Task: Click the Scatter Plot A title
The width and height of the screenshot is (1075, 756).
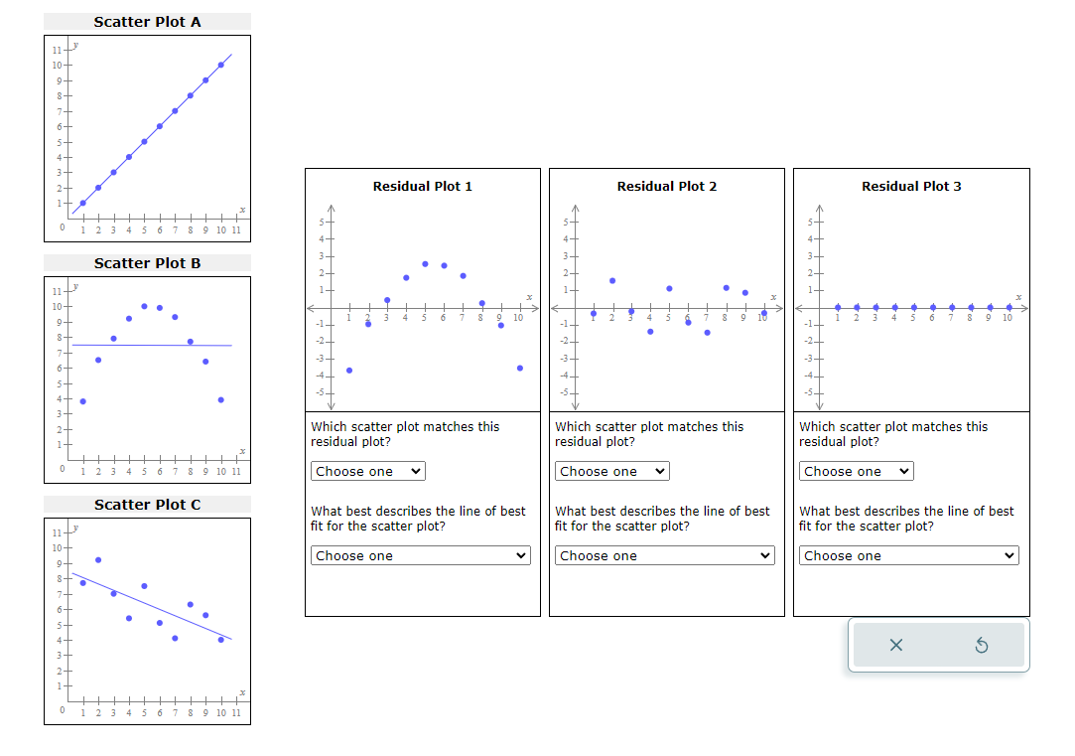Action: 147,22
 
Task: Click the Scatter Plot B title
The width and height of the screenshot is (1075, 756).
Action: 147,263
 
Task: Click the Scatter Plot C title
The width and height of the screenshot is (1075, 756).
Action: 147,505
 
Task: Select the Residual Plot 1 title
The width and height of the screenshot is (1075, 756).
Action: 422,186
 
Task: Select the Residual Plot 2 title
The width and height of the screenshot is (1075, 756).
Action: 666,186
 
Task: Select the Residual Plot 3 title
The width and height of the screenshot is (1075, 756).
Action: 911,186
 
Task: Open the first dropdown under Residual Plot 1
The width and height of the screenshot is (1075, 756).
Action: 367,471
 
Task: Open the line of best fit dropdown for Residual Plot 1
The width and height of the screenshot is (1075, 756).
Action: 421,555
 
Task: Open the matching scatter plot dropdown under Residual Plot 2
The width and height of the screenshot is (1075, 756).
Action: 611,471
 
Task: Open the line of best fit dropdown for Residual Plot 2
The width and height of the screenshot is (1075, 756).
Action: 665,555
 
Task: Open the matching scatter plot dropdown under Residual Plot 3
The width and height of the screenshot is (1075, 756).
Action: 856,471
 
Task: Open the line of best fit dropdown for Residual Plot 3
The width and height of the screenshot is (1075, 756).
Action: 909,555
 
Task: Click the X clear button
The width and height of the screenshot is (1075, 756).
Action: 896,646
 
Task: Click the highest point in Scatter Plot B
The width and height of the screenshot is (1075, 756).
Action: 144,306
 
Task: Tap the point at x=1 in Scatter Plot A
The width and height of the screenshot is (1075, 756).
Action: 82,203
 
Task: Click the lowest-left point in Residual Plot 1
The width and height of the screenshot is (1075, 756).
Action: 348,370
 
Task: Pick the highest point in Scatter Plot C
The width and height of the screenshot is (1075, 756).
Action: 97,559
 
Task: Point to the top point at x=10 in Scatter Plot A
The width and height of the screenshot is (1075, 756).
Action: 220,65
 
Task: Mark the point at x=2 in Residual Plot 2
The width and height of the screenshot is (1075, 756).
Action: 612,280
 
